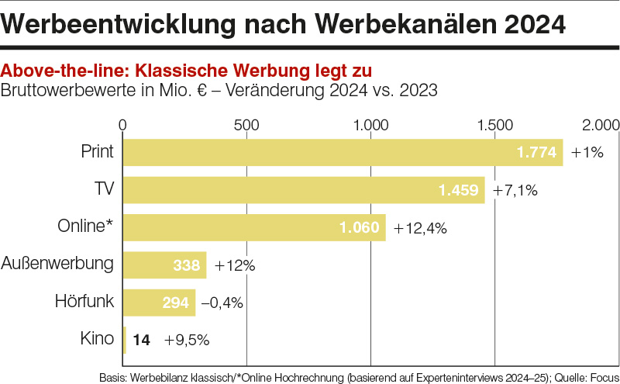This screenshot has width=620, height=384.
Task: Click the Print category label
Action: coord(97,152)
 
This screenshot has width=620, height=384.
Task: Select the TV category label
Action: coord(103,189)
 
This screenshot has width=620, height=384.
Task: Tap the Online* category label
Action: coord(85,227)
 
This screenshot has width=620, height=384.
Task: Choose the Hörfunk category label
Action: coord(84,301)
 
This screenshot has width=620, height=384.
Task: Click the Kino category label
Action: coord(97,338)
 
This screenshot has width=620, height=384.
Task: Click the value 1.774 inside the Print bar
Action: coord(536,153)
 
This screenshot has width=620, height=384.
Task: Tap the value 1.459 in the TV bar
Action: coord(459,190)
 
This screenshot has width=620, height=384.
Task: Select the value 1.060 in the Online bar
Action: coord(359,227)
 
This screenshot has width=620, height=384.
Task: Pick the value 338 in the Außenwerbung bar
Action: coord(187,265)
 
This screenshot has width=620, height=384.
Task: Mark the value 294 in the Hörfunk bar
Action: coord(176,302)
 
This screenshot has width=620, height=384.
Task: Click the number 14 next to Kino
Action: coord(141,339)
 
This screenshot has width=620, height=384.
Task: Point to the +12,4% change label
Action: coord(421,228)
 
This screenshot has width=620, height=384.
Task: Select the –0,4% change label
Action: coord(222,303)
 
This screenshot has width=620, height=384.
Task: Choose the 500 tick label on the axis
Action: coord(246,124)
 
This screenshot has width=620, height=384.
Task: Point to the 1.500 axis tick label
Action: coord(495,124)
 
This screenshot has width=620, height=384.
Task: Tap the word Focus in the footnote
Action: coord(600,376)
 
